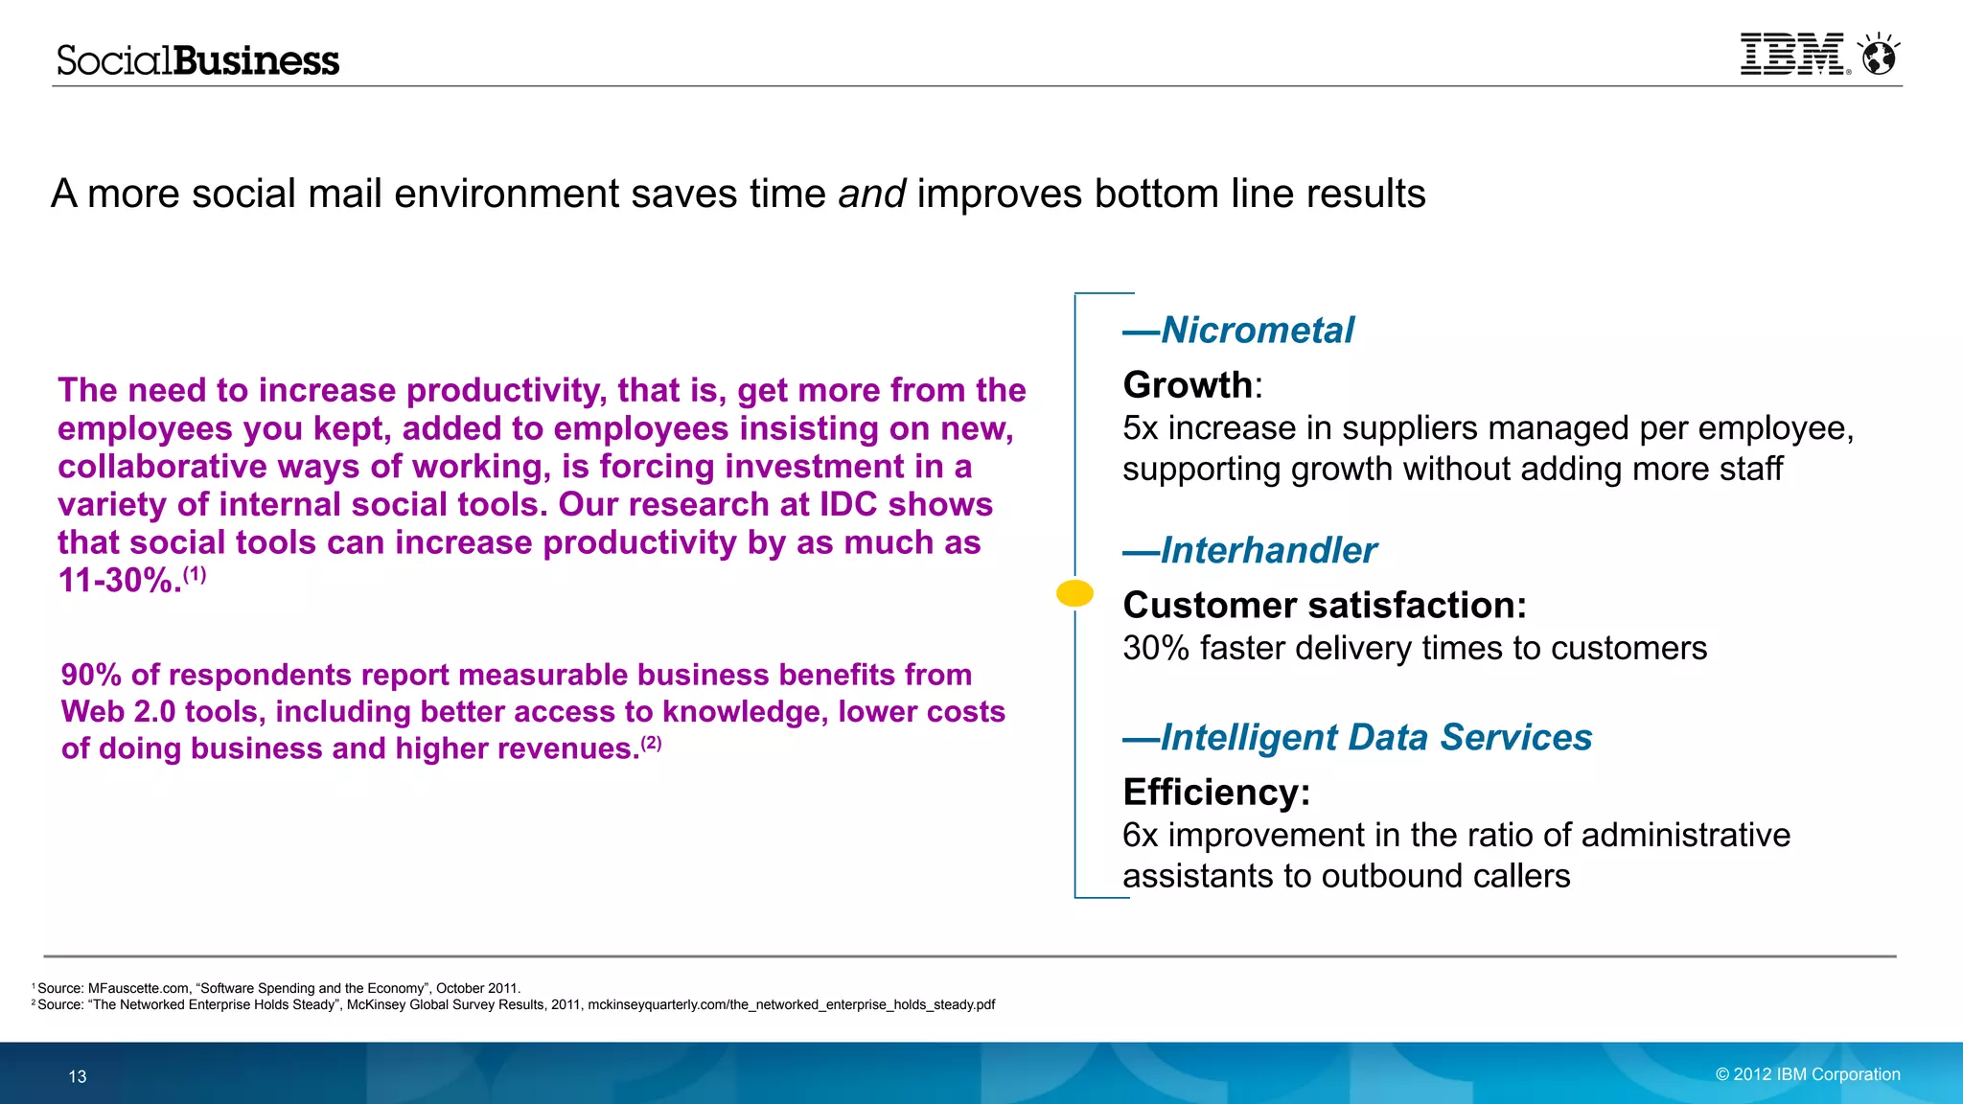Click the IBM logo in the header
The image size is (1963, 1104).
tap(1792, 55)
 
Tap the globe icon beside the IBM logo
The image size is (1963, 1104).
tap(1879, 56)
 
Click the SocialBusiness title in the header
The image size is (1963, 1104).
tap(197, 60)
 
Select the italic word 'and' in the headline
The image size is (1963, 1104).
tap(871, 194)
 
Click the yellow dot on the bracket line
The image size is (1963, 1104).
tap(1074, 593)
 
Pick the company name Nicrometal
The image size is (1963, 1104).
tap(1257, 331)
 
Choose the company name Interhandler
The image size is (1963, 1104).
tap(1268, 551)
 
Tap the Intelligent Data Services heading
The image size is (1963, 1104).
tap(1375, 738)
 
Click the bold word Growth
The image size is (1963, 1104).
tap(1188, 385)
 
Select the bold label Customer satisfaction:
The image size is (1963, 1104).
tap(1324, 606)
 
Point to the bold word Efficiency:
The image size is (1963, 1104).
tap(1215, 793)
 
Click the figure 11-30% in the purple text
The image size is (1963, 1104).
tap(119, 581)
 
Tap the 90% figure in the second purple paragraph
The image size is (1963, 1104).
tap(91, 676)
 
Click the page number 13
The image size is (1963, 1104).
tap(78, 1076)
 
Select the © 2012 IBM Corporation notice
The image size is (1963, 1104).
tap(1807, 1074)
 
